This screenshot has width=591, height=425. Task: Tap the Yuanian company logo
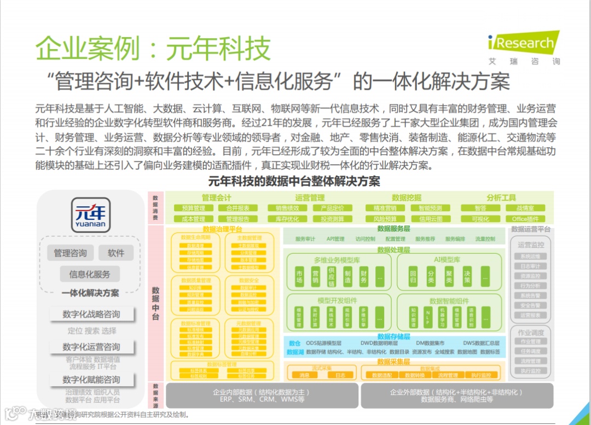coord(91,214)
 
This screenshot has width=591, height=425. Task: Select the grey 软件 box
coord(116,253)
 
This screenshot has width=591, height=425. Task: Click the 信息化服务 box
coord(90,274)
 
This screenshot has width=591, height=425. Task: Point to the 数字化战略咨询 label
coord(91,314)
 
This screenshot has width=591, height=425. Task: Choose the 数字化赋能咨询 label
coord(91,380)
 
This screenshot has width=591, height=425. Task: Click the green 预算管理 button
coord(193,208)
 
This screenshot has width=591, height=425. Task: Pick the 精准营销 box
coord(385,208)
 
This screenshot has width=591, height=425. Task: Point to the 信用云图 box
coord(430,219)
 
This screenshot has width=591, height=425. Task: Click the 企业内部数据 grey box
coord(262,395)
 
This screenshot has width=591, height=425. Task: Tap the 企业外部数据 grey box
coord(456,395)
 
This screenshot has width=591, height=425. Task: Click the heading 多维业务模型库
coord(336,259)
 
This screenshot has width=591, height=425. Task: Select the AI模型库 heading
coord(447,259)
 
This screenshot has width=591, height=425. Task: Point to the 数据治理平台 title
coord(222,229)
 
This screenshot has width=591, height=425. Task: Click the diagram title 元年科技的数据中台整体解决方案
coord(294,181)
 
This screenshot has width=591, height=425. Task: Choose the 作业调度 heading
coord(530,333)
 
